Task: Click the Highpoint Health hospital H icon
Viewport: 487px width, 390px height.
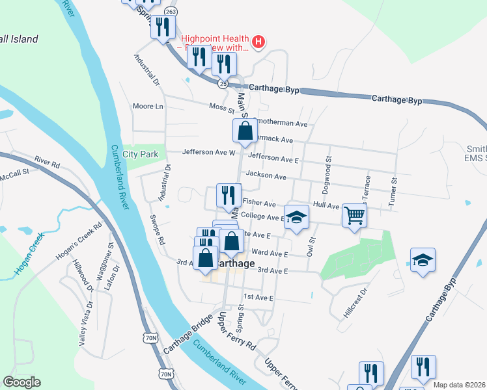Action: click(258, 43)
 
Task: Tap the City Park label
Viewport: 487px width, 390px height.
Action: click(140, 155)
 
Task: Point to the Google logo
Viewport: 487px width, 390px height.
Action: click(21, 382)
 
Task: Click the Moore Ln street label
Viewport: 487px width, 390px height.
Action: click(147, 107)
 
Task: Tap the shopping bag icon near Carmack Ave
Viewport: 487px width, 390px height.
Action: click(244, 131)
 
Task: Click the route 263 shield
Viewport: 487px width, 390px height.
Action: click(171, 11)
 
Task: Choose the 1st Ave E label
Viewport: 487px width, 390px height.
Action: click(259, 297)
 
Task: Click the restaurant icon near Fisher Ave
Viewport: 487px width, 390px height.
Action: click(227, 196)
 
